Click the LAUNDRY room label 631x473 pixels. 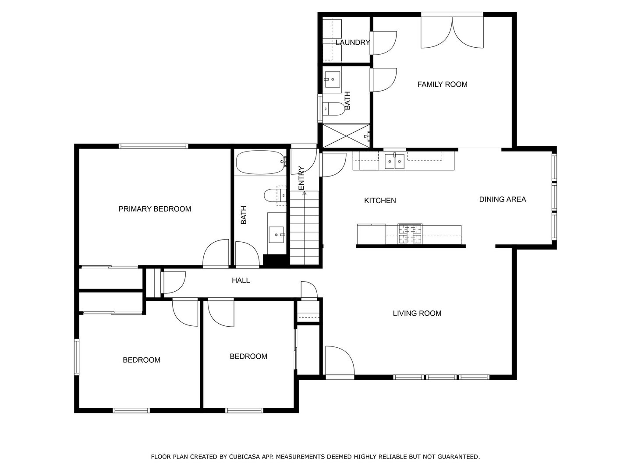pyautogui.click(x=353, y=42)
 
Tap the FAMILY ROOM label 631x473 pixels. pyautogui.click(x=442, y=85)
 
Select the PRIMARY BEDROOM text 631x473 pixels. pyautogui.click(x=155, y=209)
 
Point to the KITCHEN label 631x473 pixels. pyautogui.click(x=380, y=201)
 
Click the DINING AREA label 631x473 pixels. pyautogui.click(x=502, y=199)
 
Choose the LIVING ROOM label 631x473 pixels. pyautogui.click(x=417, y=313)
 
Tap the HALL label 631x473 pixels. pyautogui.click(x=241, y=280)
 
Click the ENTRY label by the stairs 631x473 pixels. pyautogui.click(x=301, y=178)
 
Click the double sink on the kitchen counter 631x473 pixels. pyautogui.click(x=394, y=162)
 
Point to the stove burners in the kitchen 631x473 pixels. pyautogui.click(x=410, y=234)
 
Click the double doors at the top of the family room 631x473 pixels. pyautogui.click(x=452, y=32)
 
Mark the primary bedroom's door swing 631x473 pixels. pyautogui.click(x=216, y=254)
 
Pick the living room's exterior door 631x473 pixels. pyautogui.click(x=339, y=362)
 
